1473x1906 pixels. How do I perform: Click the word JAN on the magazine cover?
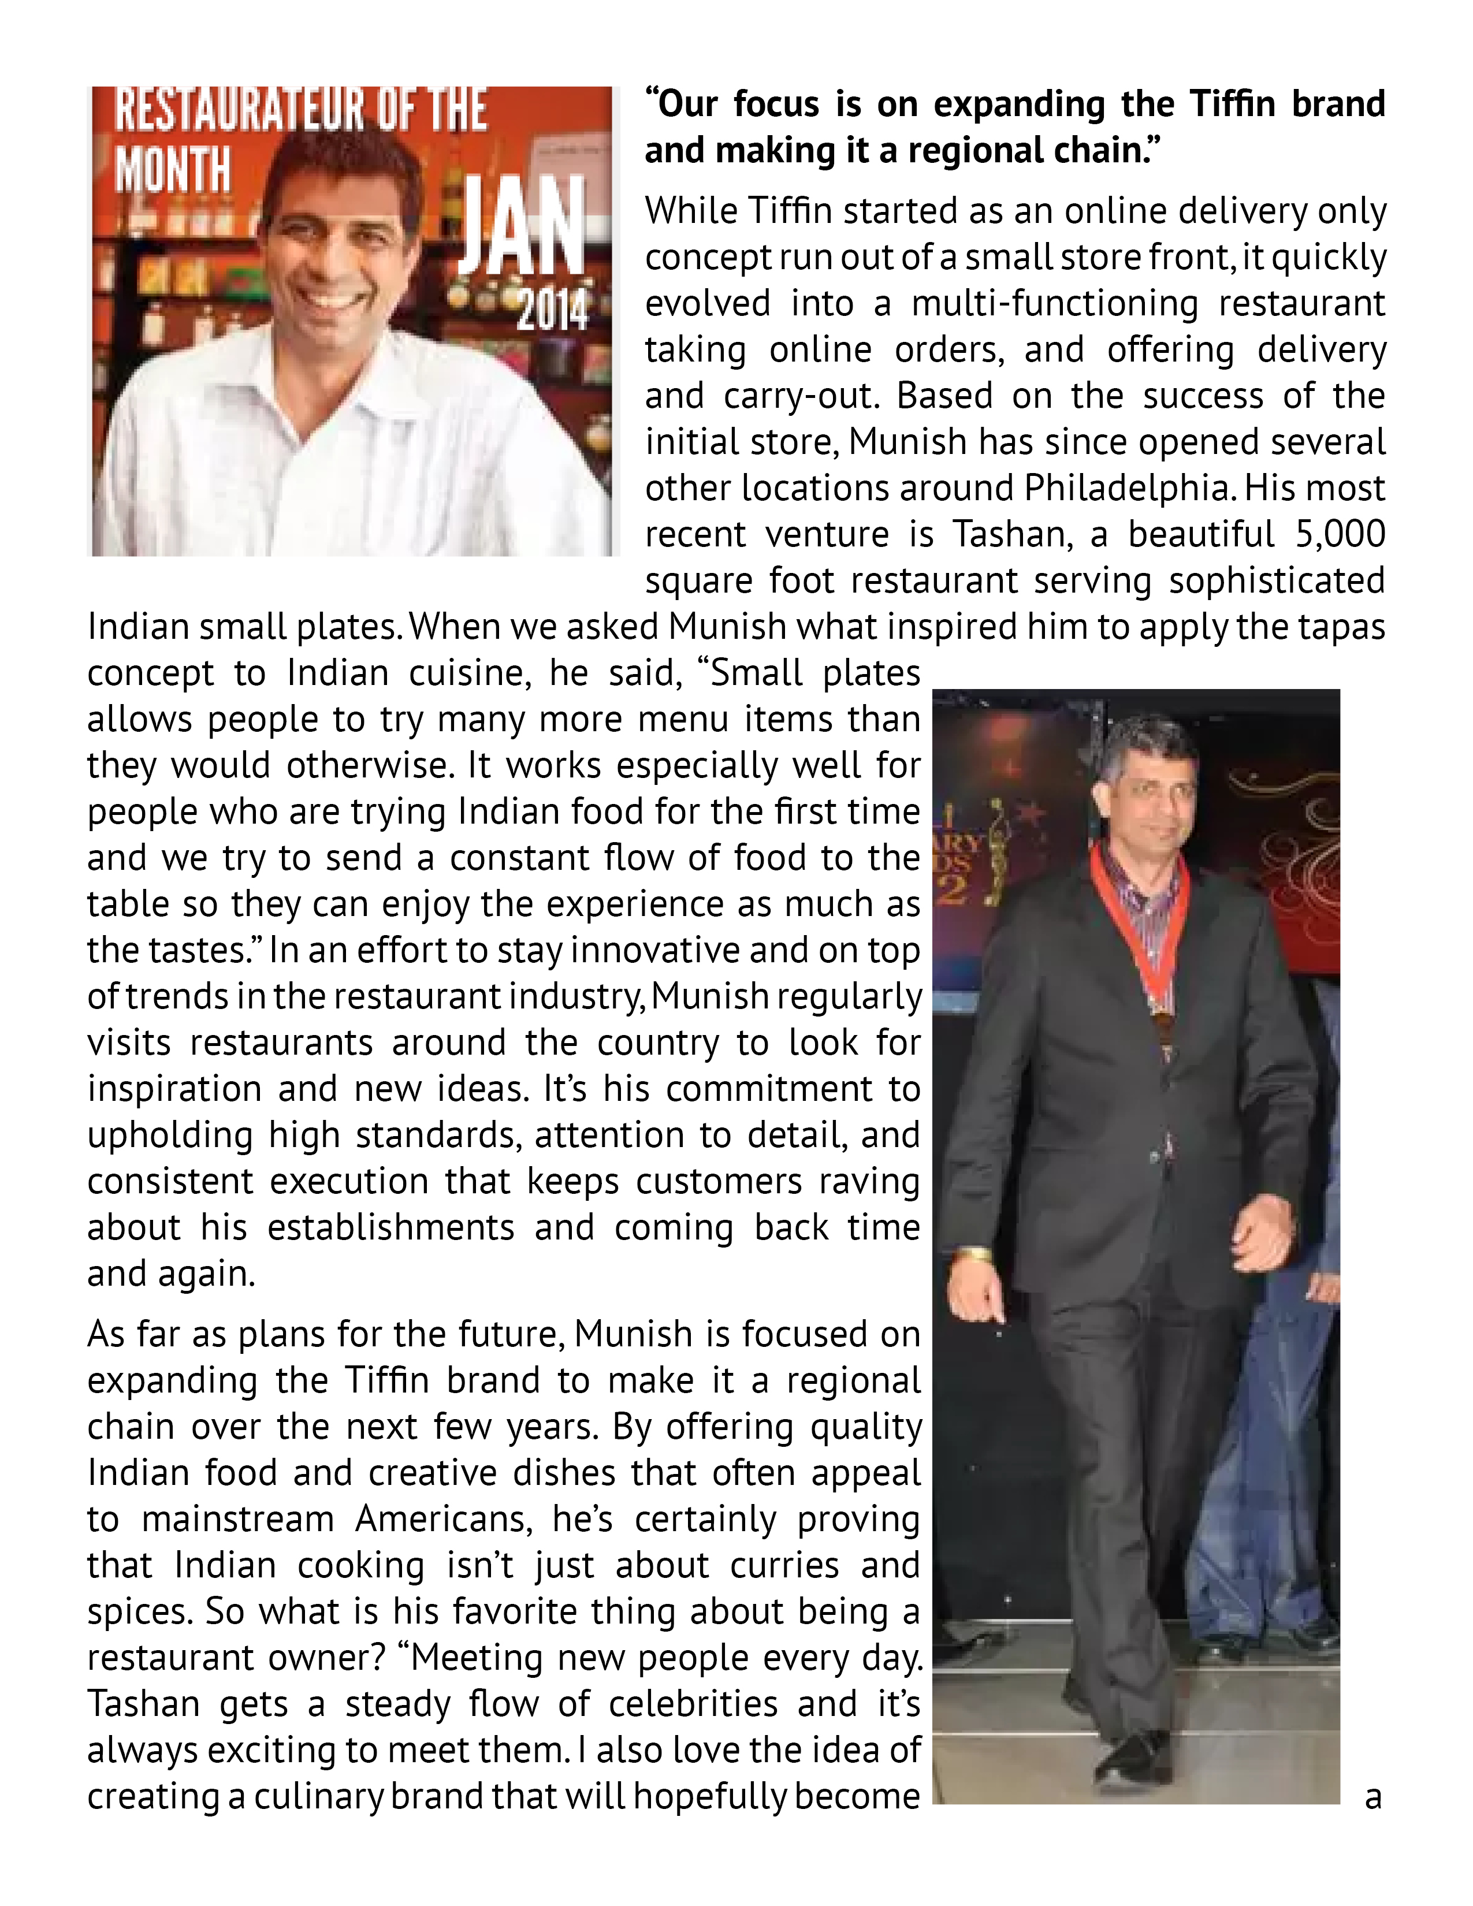(x=522, y=229)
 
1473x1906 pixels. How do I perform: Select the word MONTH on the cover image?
(x=173, y=169)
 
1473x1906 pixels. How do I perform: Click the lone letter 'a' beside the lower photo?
(x=1372, y=1797)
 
